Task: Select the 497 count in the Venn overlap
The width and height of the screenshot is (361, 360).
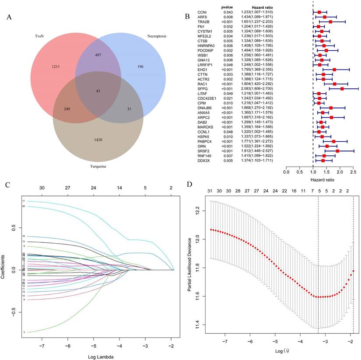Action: tap(98, 56)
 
